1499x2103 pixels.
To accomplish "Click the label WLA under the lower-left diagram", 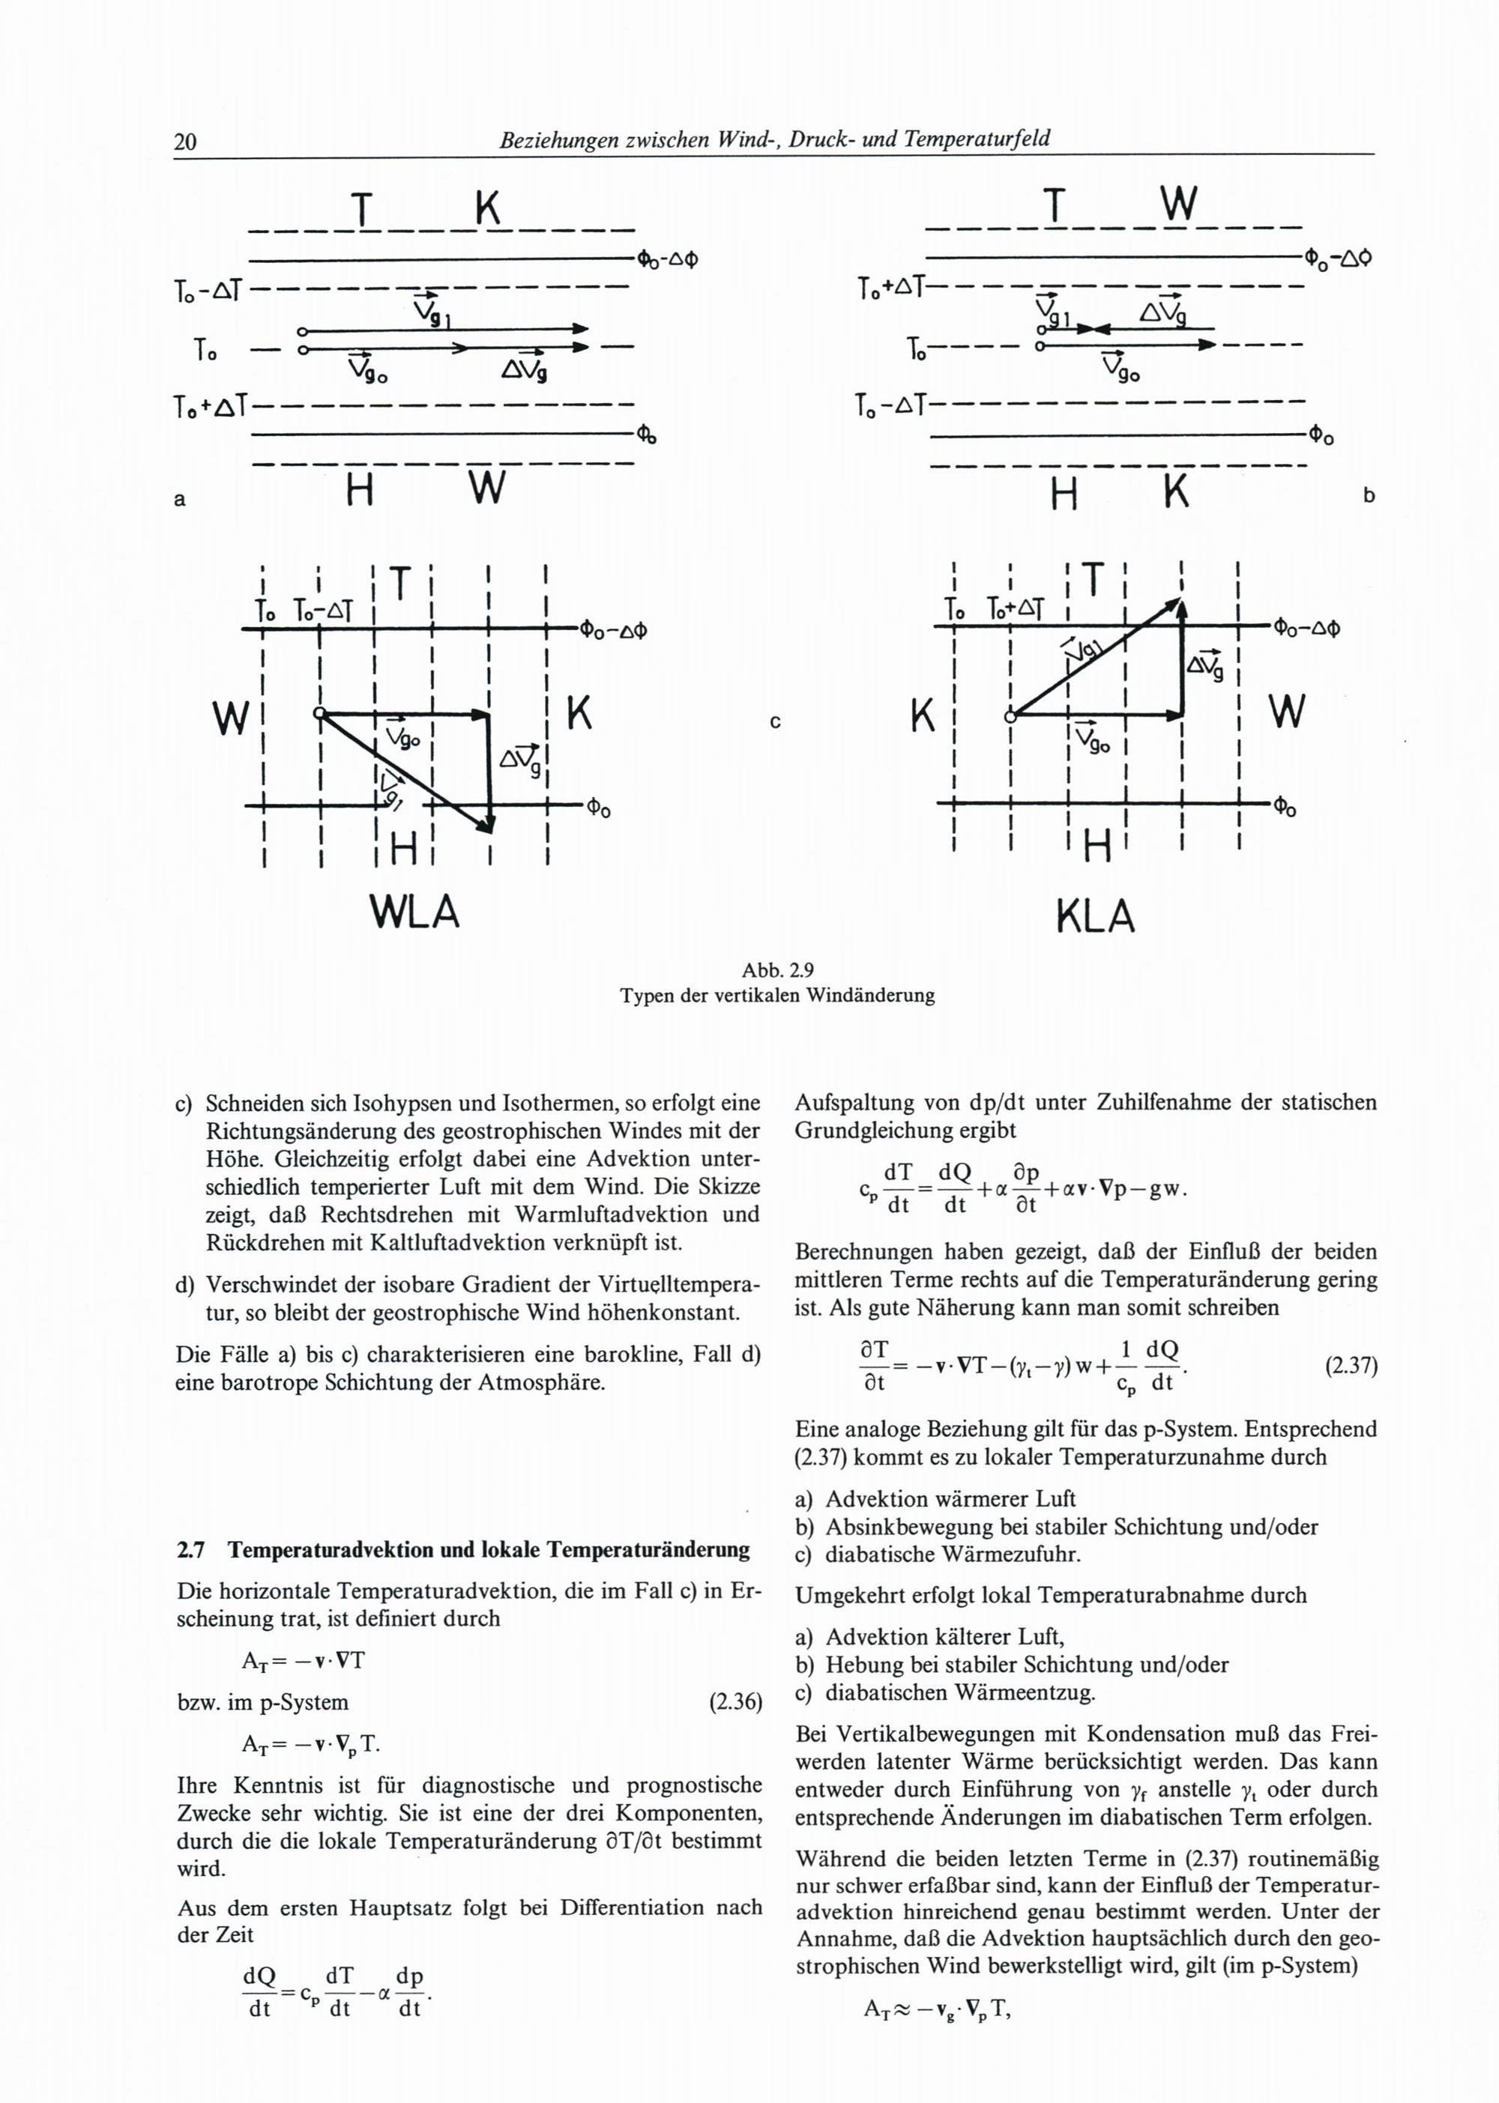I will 414,913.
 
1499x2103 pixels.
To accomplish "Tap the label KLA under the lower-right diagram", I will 1095,916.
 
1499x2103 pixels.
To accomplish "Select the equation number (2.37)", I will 1351,1366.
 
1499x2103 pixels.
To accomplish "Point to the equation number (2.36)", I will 735,1702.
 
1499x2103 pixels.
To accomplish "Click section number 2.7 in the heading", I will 190,1549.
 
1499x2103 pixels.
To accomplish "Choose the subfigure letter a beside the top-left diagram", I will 180,499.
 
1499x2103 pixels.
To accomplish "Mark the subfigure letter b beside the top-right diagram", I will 1368,495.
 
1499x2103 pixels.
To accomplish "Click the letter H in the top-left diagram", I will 359,491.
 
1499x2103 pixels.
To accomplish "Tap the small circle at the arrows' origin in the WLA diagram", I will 319,713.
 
